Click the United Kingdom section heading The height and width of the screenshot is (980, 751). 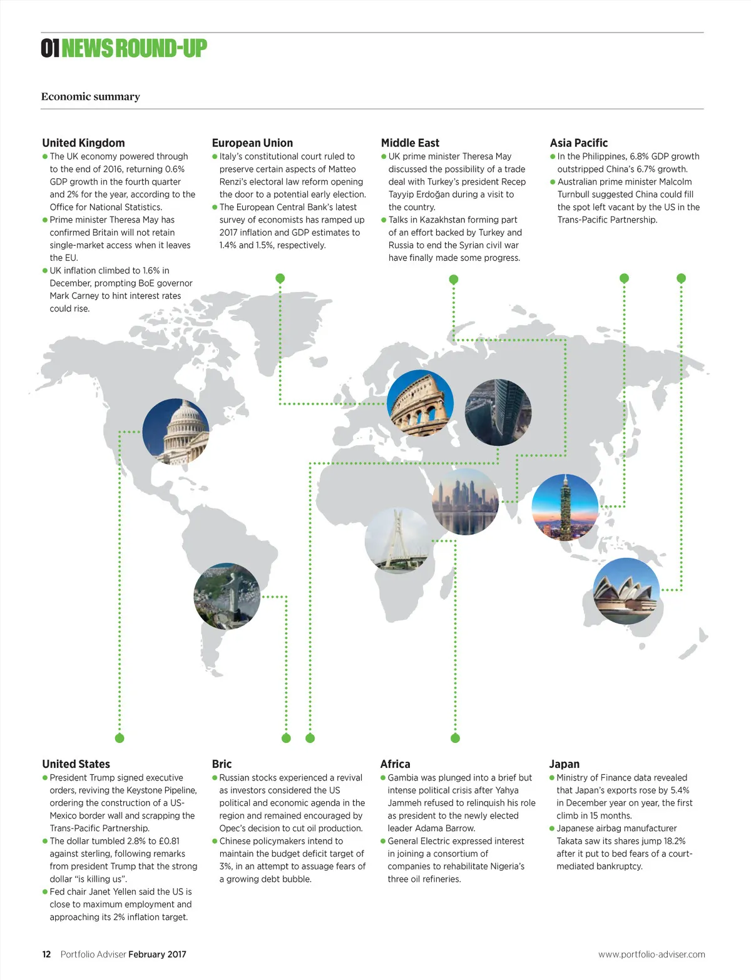83,143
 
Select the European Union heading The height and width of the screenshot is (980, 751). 252,143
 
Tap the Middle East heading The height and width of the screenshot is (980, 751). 410,143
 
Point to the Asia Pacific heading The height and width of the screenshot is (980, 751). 578,143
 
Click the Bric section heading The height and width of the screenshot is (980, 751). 222,764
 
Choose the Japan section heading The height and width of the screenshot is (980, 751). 564,764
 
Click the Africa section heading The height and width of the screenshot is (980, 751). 395,764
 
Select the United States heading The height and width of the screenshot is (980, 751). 76,764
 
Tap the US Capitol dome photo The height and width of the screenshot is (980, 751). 176,431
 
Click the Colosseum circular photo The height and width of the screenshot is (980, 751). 420,403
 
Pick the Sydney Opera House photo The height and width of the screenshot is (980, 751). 626,591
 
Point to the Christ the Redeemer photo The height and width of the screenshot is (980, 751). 227,596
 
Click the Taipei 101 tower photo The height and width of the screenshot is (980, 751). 565,507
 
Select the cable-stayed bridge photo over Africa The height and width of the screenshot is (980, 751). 398,540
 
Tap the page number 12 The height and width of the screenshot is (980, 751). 46,954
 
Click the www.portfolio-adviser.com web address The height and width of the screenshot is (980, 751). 651,954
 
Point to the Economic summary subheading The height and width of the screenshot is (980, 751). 91,96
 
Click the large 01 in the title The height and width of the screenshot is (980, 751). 49,48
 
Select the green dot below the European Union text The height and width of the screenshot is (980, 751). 280,278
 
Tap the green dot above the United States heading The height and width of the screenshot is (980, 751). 120,738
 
